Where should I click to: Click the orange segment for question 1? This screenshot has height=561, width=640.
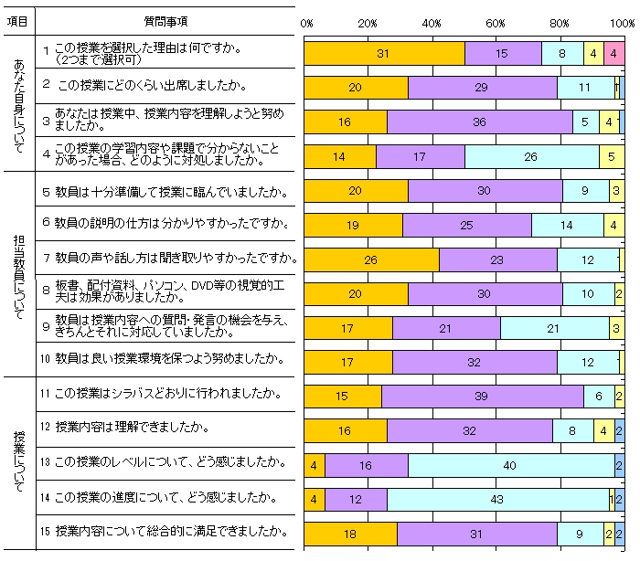coord(384,54)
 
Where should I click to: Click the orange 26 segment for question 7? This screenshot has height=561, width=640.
coord(371,260)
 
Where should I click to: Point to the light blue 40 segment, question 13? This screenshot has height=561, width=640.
coord(510,464)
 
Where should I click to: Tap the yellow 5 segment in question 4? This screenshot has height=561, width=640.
coord(612,157)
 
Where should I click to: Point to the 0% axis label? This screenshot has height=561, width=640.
coord(307,21)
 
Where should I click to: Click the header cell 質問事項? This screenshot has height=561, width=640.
coord(165,19)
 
